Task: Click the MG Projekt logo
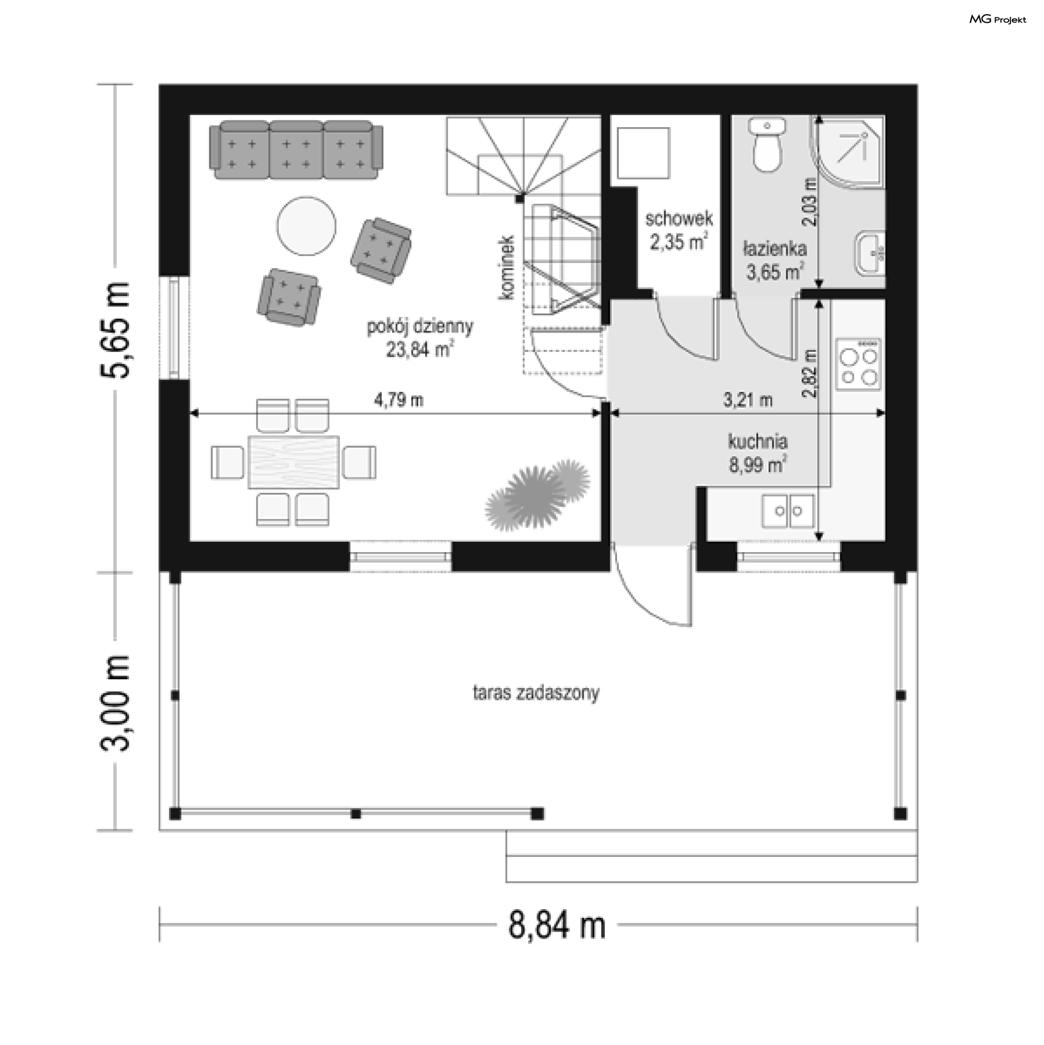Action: coord(998,20)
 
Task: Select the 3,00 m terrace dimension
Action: coord(115,704)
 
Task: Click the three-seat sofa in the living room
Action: coord(296,150)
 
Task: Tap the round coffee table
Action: coord(306,226)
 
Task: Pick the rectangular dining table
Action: coord(294,462)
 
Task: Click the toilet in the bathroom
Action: coord(767,145)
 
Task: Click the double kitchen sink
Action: coord(788,511)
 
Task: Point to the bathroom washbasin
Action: coord(870,253)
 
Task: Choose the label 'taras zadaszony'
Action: coord(536,693)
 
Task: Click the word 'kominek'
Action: coord(507,267)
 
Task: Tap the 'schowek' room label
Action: coord(679,219)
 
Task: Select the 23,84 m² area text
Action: coord(419,349)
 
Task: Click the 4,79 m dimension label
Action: coord(399,400)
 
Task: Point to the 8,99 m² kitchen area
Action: coord(758,465)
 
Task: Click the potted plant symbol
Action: coord(537,495)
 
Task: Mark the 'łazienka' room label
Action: coord(775,249)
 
